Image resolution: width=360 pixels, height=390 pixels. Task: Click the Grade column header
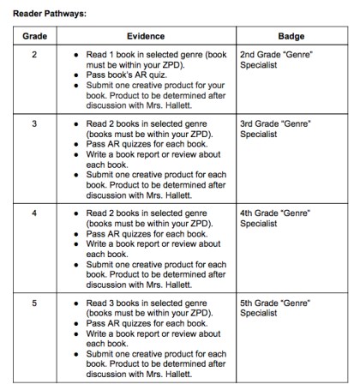click(34, 38)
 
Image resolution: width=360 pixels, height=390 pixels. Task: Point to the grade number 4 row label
click(34, 212)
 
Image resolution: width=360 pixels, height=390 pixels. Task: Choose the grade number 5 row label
click(34, 302)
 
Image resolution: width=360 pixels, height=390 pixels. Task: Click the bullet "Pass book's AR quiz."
click(129, 75)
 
